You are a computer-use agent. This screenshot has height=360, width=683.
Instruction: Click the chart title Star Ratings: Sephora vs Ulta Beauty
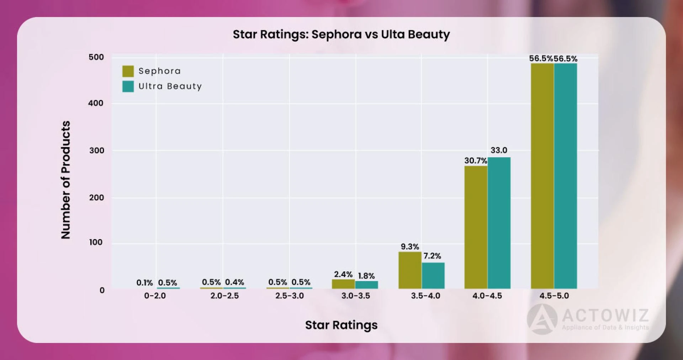[x=341, y=35]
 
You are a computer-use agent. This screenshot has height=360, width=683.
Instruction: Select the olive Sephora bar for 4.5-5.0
[x=542, y=176]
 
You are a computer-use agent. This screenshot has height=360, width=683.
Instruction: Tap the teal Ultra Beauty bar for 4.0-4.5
[x=499, y=223]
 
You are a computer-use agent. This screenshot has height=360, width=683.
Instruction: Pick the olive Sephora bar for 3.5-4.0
[x=410, y=270]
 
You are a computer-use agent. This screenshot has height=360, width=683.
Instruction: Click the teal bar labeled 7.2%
[x=433, y=276]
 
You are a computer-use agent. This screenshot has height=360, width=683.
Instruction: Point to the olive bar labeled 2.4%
[x=343, y=284]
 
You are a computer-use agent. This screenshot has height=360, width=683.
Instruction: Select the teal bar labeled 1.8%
[x=366, y=285]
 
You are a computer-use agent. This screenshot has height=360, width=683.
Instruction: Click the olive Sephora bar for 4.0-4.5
[x=476, y=227]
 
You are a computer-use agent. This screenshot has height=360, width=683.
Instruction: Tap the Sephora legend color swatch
[x=128, y=71]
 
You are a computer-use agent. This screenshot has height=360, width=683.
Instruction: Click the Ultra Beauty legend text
[x=170, y=86]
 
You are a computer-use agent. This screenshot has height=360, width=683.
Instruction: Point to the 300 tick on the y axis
[x=96, y=150]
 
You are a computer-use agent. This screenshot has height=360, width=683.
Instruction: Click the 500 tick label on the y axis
[x=96, y=57]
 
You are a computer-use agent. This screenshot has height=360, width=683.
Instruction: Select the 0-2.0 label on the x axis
[x=155, y=296]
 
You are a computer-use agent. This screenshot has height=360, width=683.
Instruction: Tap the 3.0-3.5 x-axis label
[x=356, y=296]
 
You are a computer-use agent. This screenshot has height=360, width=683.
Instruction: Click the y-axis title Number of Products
[x=66, y=180]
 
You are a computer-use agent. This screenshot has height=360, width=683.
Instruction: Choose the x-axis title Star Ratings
[x=341, y=325]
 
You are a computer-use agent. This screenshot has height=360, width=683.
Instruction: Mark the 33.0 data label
[x=499, y=150]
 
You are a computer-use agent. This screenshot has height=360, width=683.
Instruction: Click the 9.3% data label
[x=410, y=247]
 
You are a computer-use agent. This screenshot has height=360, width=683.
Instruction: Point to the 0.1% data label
[x=144, y=283]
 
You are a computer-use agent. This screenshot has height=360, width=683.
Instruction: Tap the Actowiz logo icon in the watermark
[x=542, y=319]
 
